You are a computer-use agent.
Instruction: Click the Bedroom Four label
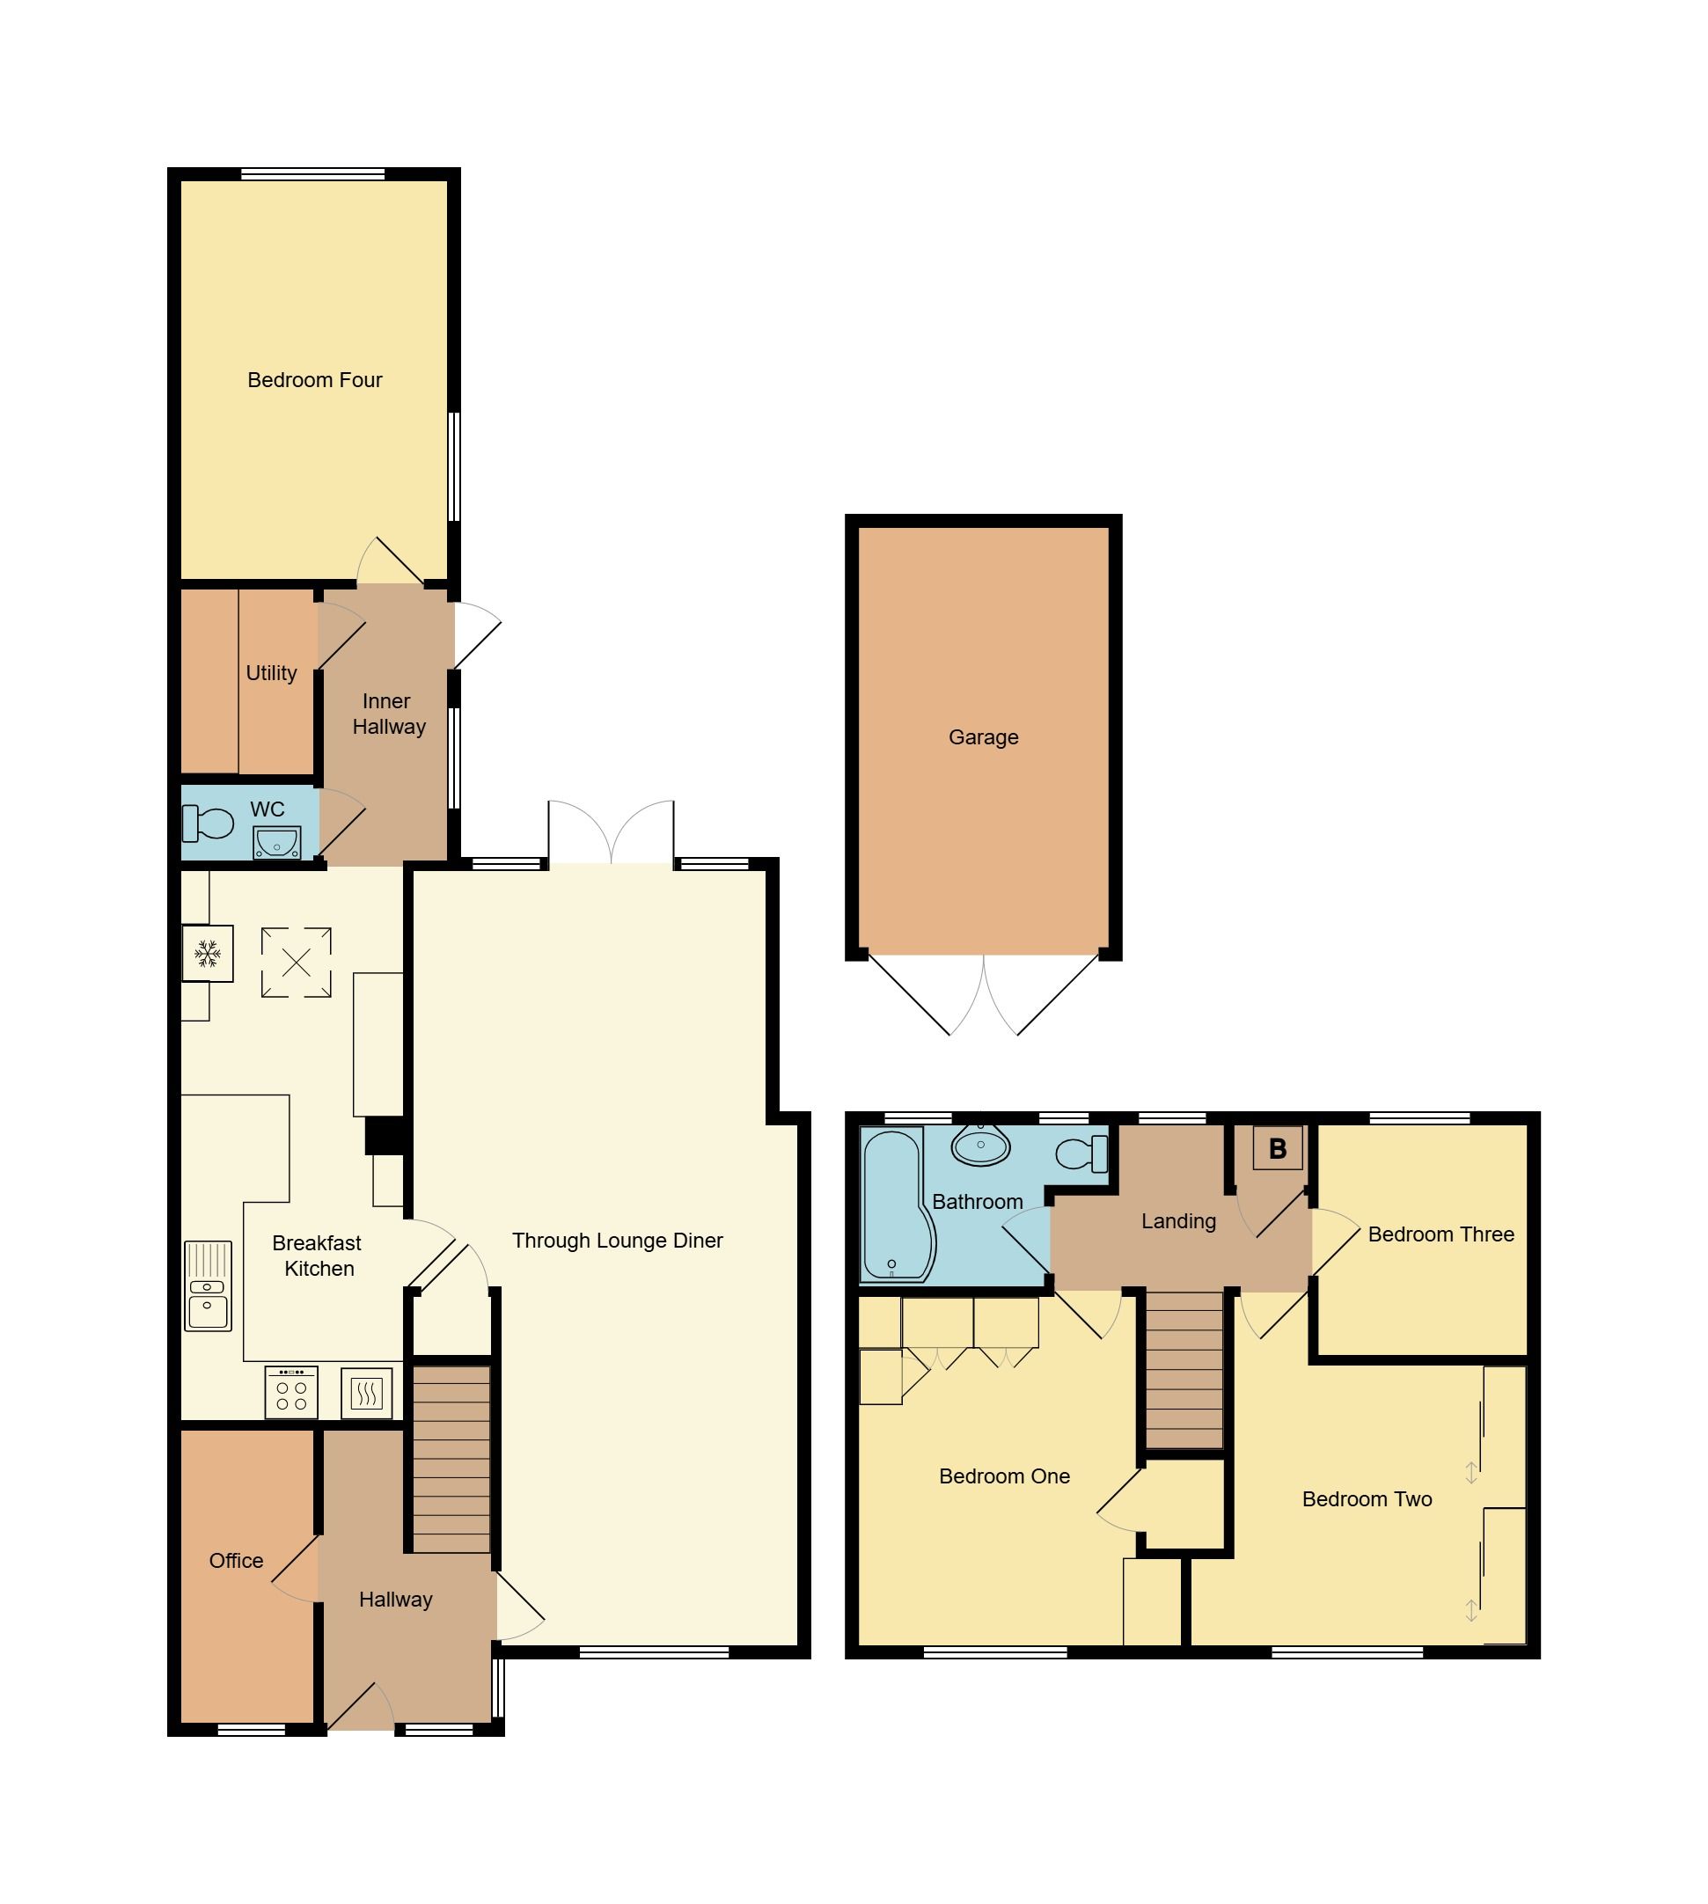click(x=314, y=380)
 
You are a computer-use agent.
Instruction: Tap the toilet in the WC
click(x=209, y=824)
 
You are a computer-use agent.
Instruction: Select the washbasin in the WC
click(x=276, y=843)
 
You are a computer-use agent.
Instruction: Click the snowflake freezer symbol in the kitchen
click(x=208, y=955)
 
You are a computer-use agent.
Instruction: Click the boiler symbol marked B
click(x=1276, y=1148)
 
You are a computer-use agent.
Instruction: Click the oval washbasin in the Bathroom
click(x=979, y=1145)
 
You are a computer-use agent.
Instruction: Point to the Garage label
click(x=983, y=737)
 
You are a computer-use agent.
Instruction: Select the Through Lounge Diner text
click(x=617, y=1241)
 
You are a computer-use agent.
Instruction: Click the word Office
click(x=236, y=1561)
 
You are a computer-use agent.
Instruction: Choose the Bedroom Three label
click(x=1440, y=1234)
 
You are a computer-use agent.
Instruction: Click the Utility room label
click(x=271, y=673)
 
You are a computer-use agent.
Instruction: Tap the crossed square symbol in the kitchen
click(x=296, y=962)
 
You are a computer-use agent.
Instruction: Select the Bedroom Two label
click(x=1367, y=1498)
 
